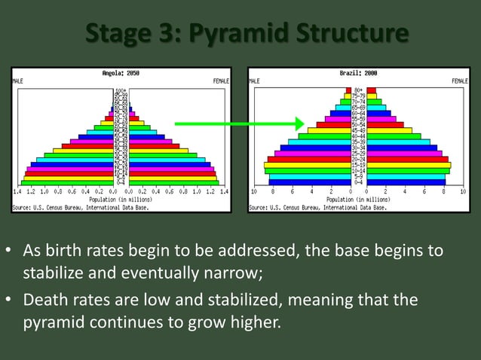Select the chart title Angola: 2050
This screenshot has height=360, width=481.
click(121, 73)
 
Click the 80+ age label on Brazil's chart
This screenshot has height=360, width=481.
click(359, 90)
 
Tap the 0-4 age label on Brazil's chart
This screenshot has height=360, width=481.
click(359, 182)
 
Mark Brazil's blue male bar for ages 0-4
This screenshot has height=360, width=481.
click(309, 182)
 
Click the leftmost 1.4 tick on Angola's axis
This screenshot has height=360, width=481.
click(17, 193)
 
